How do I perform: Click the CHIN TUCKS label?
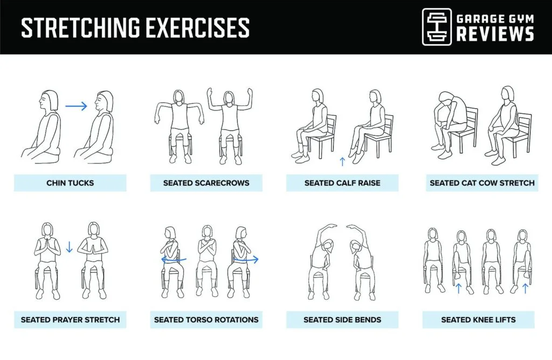pyautogui.click(x=70, y=183)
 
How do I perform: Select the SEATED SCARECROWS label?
pyautogui.click(x=206, y=183)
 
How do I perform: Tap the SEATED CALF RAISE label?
pyautogui.click(x=342, y=183)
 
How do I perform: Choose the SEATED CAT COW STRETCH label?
pyautogui.click(x=481, y=183)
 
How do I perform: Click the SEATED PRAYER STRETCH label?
pyautogui.click(x=70, y=320)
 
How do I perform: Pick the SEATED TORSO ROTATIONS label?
pyautogui.click(x=206, y=320)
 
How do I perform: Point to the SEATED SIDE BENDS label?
pyautogui.click(x=342, y=320)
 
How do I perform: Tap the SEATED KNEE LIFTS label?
pyautogui.click(x=478, y=320)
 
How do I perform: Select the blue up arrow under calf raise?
pyautogui.click(x=342, y=161)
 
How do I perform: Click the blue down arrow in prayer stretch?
pyautogui.click(x=69, y=248)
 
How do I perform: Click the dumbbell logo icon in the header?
pyautogui.click(x=436, y=26)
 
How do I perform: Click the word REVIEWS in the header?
pyautogui.click(x=495, y=34)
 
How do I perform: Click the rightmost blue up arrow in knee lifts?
pyautogui.click(x=525, y=288)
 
